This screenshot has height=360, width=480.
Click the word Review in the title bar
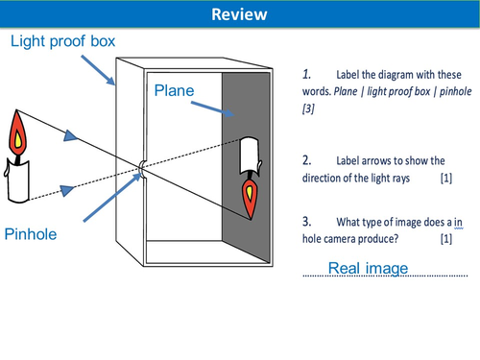click(239, 14)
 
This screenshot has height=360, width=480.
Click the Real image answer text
click(369, 267)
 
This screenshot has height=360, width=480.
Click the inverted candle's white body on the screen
click(251, 154)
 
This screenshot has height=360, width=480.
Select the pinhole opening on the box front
click(139, 167)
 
